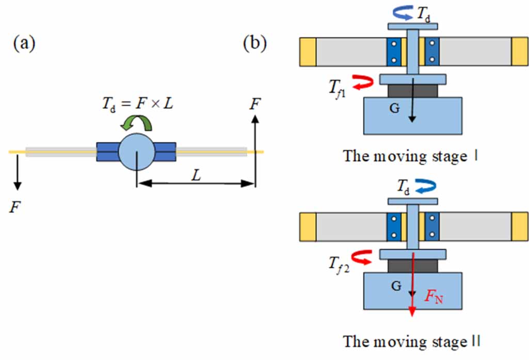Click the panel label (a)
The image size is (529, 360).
coord(24,44)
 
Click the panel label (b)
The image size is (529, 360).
coord(255,44)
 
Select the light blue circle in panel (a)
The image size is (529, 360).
coord(136,152)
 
